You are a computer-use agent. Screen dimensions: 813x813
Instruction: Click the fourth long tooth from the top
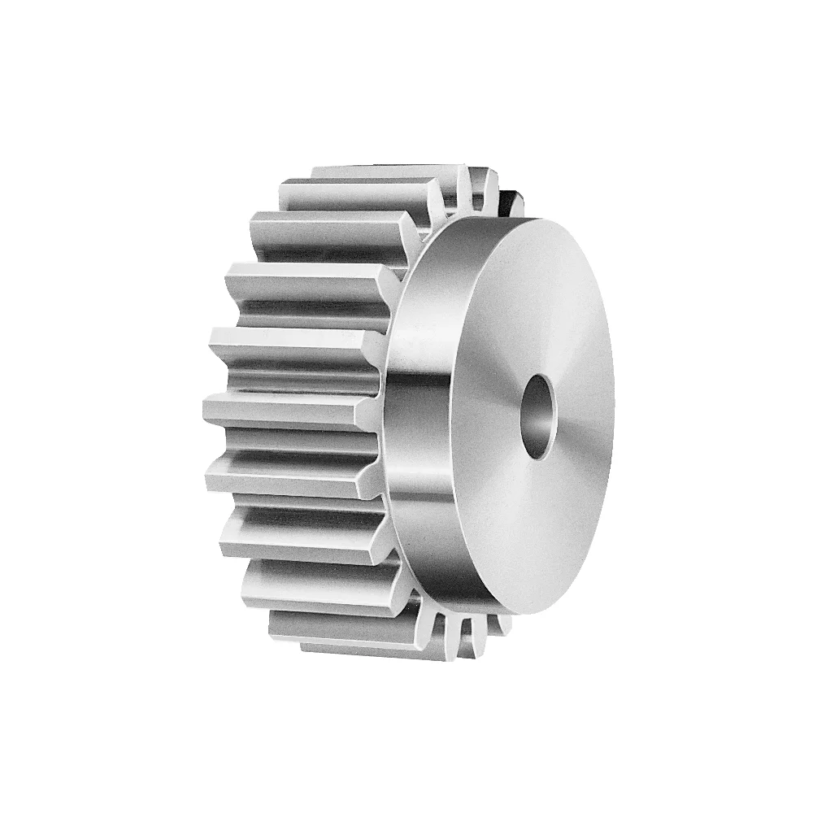(309, 285)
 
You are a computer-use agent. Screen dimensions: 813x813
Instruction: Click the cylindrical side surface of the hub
(415, 406)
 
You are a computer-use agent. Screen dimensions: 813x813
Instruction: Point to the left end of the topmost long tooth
(317, 173)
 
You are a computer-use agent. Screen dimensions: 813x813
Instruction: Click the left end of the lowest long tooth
(306, 646)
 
